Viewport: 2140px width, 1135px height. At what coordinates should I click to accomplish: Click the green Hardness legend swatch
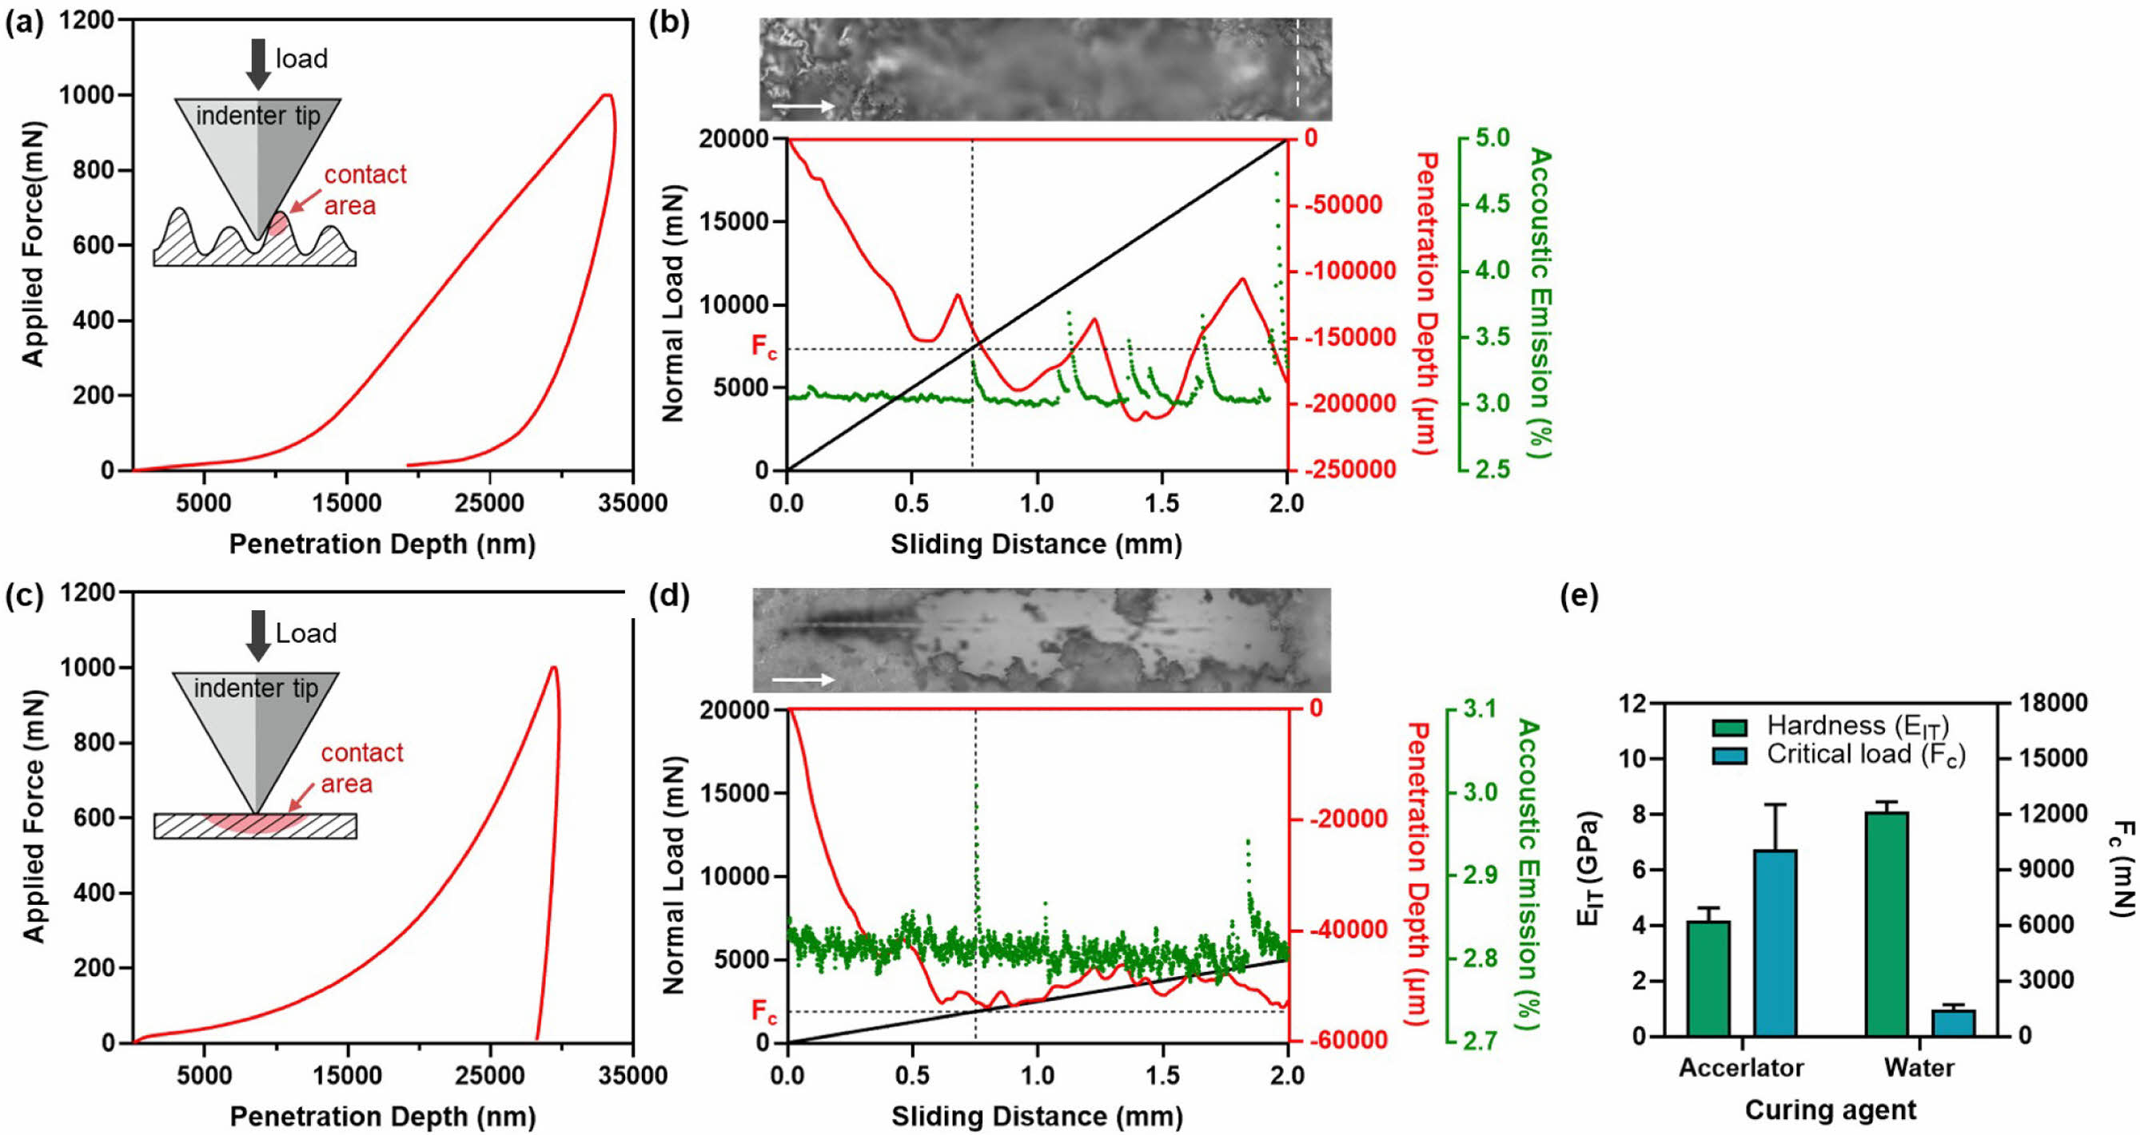pos(1729,728)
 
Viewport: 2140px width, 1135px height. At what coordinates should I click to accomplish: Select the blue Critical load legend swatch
pos(1729,756)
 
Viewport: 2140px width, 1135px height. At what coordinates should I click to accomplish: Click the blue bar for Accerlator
pos(1775,943)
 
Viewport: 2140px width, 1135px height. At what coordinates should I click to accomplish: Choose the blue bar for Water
pos(1953,1022)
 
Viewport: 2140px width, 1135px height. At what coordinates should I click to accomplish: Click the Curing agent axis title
pos(1830,1110)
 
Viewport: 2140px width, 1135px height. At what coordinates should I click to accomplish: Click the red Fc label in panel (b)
pos(763,346)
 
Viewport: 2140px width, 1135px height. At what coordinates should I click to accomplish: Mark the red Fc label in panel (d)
pos(763,1011)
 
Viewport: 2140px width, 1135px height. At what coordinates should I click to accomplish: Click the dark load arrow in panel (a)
pos(258,63)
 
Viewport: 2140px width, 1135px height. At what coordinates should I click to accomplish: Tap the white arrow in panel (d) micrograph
pos(803,680)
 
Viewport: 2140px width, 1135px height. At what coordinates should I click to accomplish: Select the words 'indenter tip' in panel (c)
pos(256,689)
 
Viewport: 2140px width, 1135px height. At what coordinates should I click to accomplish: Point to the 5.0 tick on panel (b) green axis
pos(1492,138)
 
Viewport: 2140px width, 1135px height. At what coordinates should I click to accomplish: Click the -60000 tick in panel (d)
pos(1347,1039)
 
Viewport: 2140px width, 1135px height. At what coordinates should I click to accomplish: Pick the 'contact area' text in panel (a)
pos(364,190)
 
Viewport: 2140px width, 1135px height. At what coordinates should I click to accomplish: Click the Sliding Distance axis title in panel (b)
pos(1036,545)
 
